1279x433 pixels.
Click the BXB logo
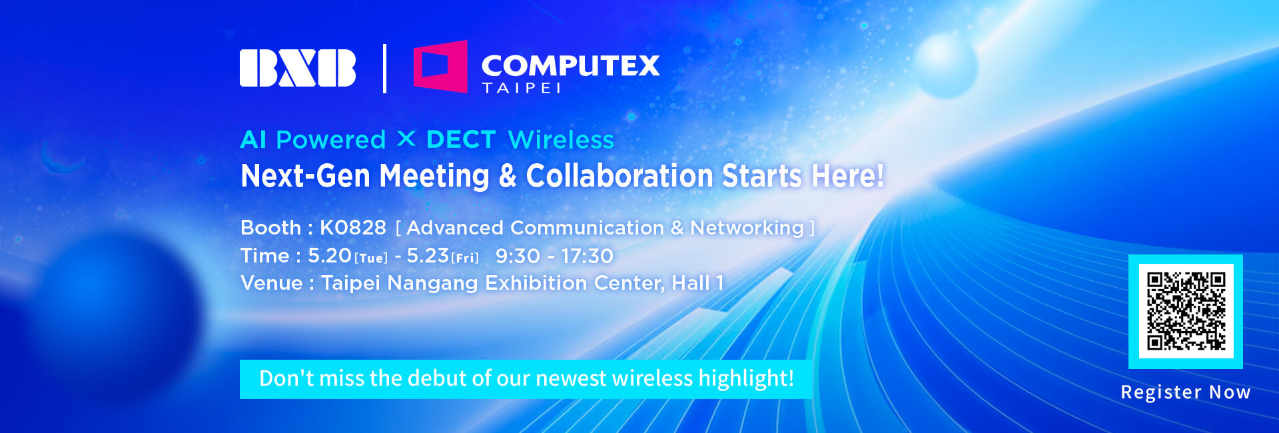[298, 68]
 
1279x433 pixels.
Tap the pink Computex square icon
[440, 66]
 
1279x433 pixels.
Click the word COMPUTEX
[570, 65]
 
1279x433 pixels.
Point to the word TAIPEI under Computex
[522, 88]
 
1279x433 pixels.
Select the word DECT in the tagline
[460, 140]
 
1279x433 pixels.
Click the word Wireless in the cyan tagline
[561, 140]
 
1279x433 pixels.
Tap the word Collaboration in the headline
[620, 176]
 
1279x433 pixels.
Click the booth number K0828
[353, 228]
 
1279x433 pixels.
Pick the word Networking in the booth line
[747, 228]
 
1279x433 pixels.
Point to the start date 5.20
[330, 255]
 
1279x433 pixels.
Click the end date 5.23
[428, 255]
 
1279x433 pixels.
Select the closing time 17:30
[587, 256]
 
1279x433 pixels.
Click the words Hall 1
[697, 283]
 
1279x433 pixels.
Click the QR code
[1186, 311]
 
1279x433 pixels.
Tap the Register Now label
[1186, 392]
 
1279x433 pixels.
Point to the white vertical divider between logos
[384, 68]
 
